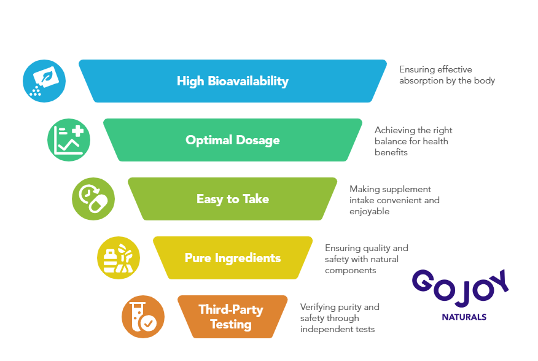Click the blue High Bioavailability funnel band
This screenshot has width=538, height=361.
[x=233, y=81]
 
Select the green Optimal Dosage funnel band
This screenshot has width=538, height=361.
[x=233, y=140]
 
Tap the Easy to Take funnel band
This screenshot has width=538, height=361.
[x=233, y=199]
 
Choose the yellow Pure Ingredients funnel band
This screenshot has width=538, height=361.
[x=233, y=258]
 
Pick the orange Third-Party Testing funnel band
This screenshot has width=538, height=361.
[x=233, y=317]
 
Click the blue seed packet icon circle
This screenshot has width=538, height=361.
[x=44, y=81]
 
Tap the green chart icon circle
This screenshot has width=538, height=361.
[x=69, y=140]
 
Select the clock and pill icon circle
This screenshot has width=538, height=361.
[x=93, y=199]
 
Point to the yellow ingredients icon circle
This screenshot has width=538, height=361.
[x=119, y=258]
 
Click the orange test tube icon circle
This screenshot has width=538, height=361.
[x=143, y=317]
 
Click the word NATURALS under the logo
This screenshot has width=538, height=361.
[x=464, y=317]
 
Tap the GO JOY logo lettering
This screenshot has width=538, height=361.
[x=461, y=287]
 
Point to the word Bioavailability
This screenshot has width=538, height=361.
[x=248, y=82]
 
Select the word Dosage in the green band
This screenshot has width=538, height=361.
[x=258, y=141]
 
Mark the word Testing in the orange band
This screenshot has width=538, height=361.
[x=231, y=325]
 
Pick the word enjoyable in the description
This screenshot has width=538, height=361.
[x=370, y=211]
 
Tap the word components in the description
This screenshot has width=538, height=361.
[x=351, y=271]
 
